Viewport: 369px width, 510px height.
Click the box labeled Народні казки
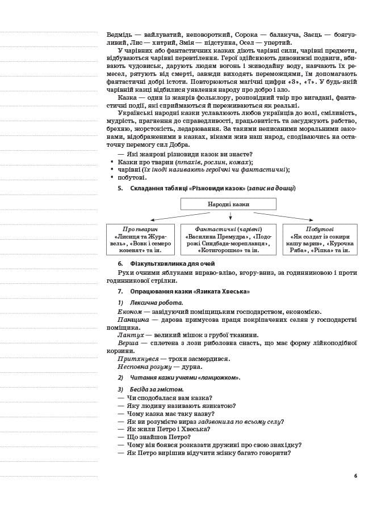pyautogui.click(x=228, y=204)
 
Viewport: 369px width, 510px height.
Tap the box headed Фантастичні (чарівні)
pyautogui.click(x=228, y=239)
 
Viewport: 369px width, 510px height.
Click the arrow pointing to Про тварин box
pyautogui.click(x=170, y=216)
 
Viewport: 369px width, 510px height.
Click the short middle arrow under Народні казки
pyautogui.click(x=230, y=216)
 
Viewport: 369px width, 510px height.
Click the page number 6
pyautogui.click(x=355, y=475)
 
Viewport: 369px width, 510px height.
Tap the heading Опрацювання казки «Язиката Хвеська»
pyautogui.click(x=190, y=291)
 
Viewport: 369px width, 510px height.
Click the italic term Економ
pyautogui.click(x=129, y=312)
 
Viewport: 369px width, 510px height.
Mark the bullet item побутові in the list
pyautogui.click(x=132, y=177)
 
